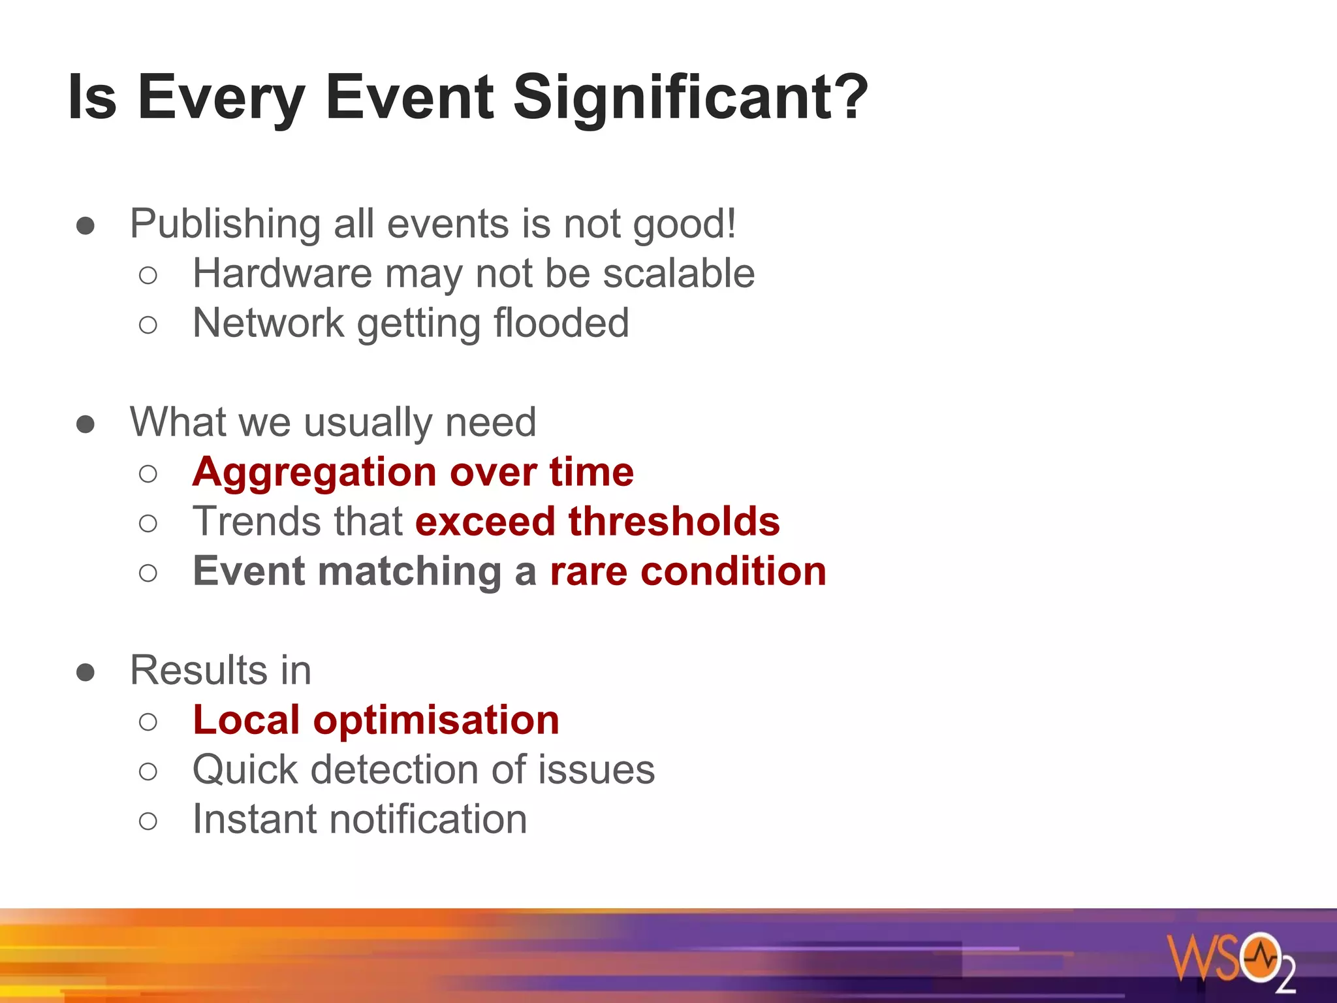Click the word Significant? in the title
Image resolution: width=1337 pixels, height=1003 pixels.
click(x=690, y=98)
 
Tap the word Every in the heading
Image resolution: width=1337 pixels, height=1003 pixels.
click(x=221, y=98)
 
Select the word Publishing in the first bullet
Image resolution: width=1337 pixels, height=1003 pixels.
click(x=225, y=224)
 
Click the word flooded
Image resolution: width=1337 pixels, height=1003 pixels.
click(x=561, y=323)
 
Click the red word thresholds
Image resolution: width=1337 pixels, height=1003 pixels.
click(x=674, y=522)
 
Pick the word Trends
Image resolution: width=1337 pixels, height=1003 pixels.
click(x=257, y=522)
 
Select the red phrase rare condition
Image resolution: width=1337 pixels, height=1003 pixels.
click(x=688, y=571)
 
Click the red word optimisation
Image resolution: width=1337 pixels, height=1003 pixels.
click(x=436, y=720)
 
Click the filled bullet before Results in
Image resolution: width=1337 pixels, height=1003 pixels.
click(x=86, y=672)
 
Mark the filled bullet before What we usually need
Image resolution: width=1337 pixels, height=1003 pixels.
click(x=86, y=424)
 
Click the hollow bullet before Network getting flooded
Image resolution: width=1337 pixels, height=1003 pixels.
click(x=148, y=325)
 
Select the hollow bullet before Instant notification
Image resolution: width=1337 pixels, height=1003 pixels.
click(x=148, y=821)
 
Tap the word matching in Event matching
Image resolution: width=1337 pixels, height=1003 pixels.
click(x=410, y=571)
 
